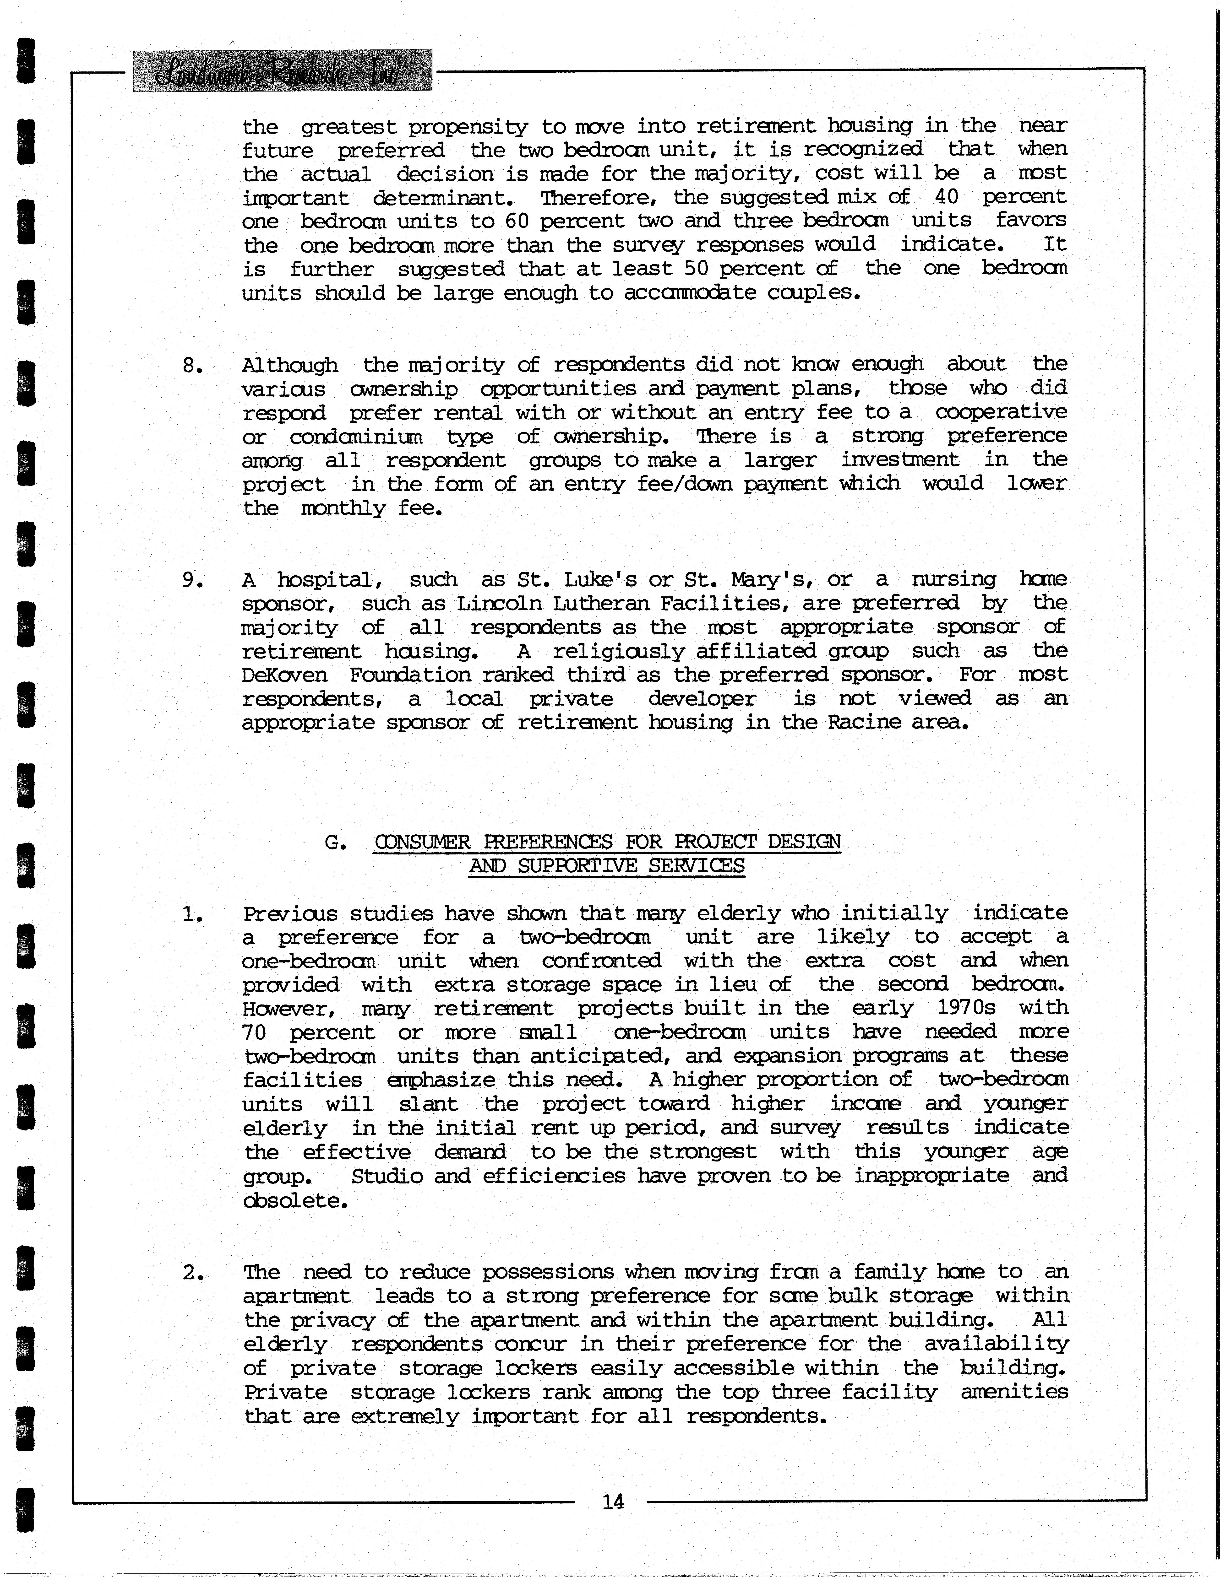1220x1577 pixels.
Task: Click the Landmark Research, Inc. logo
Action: (283, 71)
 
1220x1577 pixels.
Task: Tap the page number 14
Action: (613, 1502)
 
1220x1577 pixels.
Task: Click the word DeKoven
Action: (285, 675)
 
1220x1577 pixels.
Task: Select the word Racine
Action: (862, 723)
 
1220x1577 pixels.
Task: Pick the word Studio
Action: (387, 1176)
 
